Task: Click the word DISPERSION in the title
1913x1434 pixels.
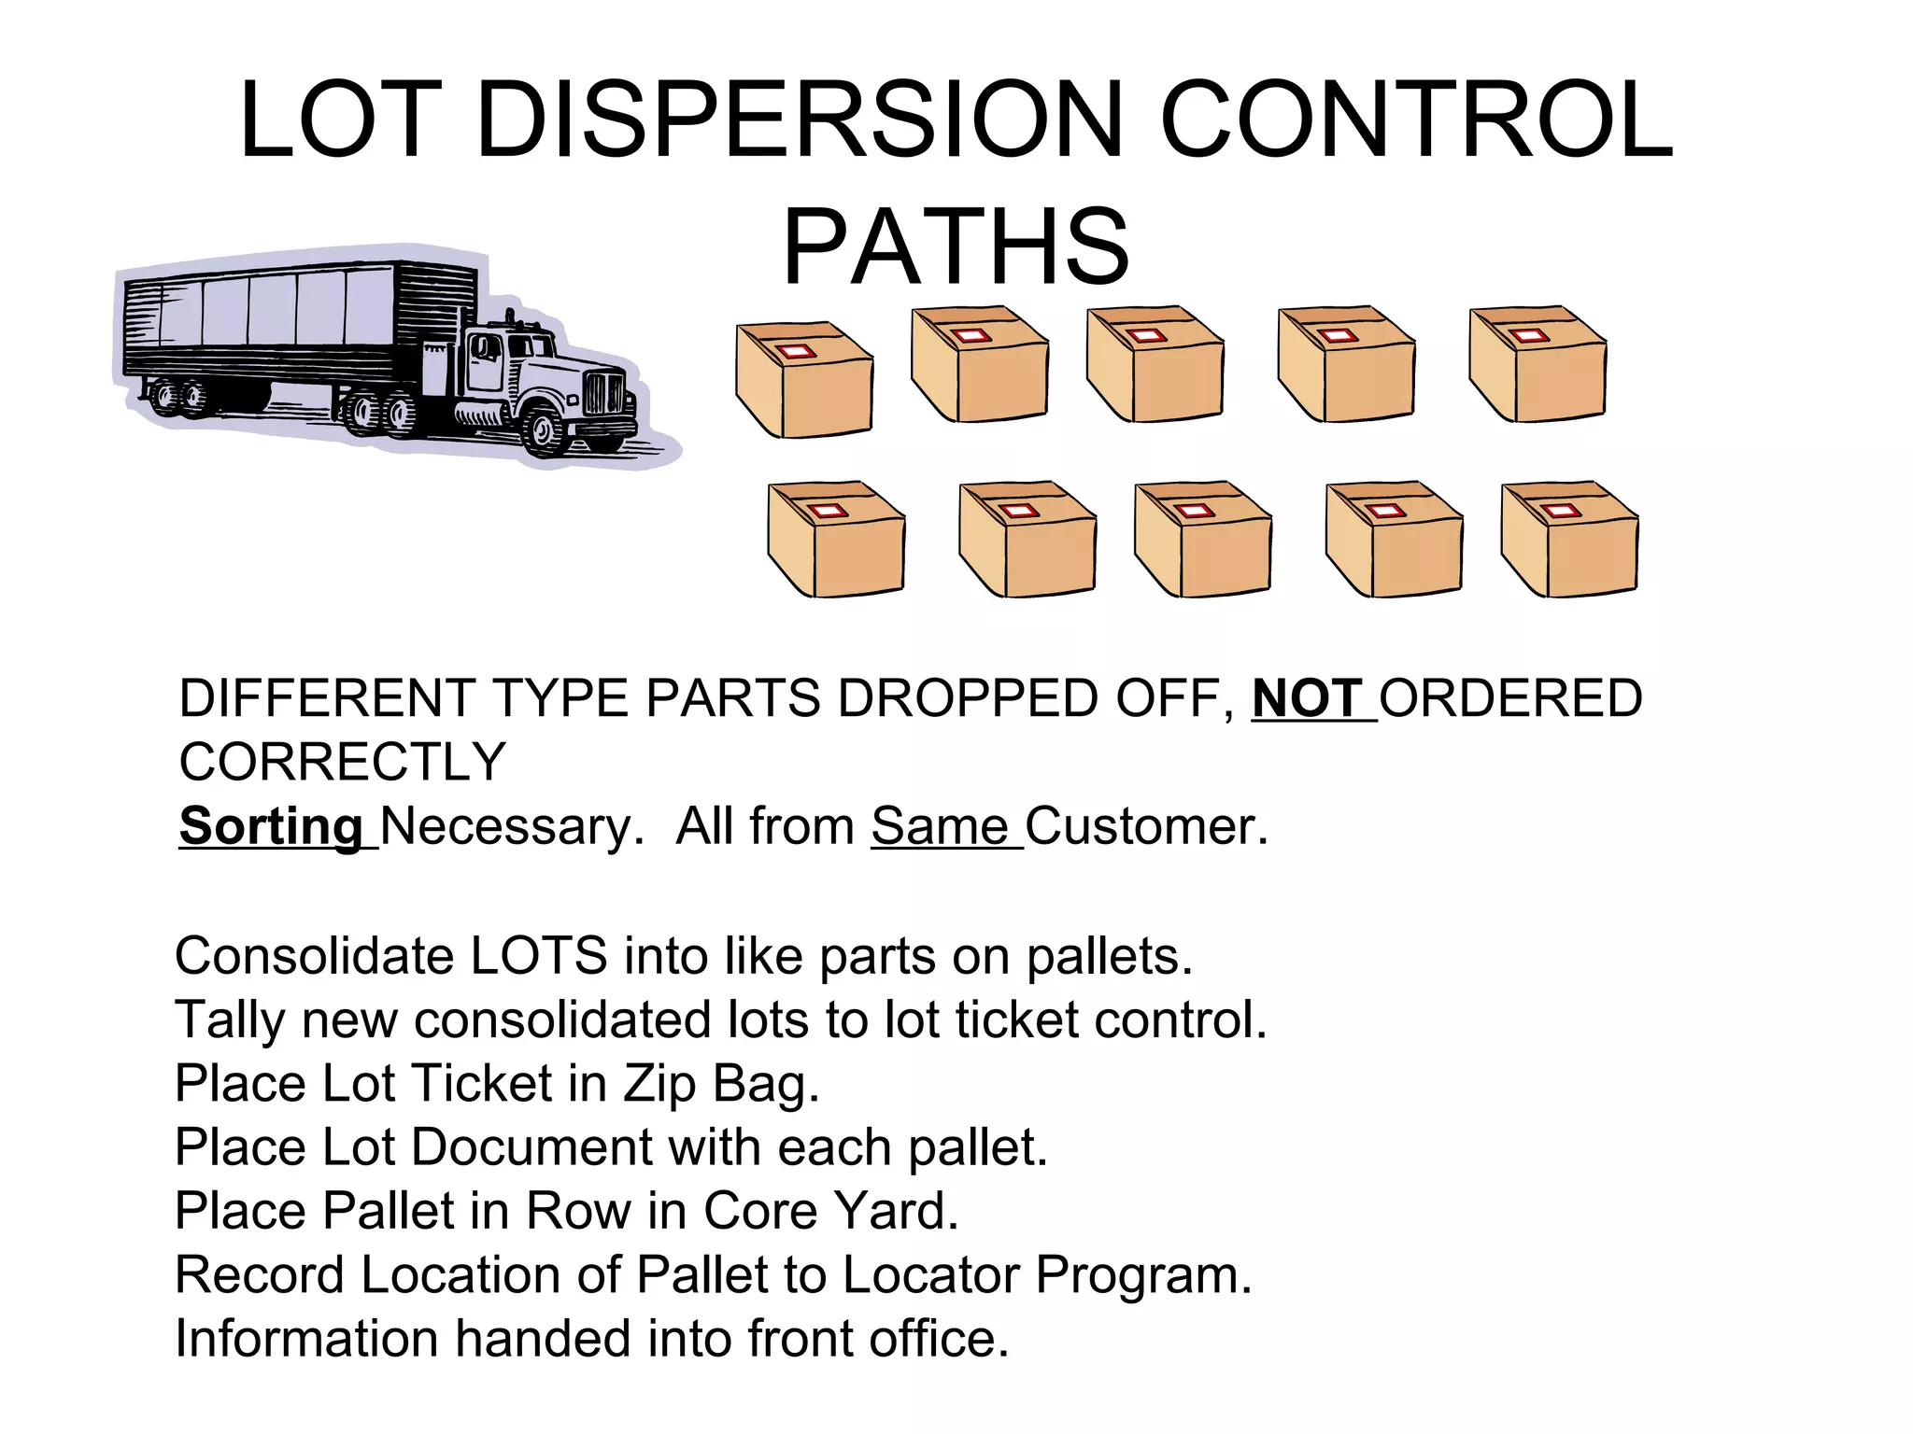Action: point(799,121)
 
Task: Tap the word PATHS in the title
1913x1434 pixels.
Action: point(956,247)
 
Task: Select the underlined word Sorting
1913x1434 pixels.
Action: point(272,826)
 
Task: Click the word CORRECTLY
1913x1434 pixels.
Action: point(342,762)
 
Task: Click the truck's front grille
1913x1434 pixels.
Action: point(603,392)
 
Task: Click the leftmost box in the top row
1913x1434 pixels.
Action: point(804,379)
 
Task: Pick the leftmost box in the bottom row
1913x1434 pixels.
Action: point(836,539)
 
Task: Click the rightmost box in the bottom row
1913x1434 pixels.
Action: point(1569,539)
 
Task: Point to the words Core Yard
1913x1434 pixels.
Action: point(830,1211)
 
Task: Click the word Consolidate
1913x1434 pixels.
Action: point(314,956)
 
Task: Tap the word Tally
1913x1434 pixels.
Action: point(229,1019)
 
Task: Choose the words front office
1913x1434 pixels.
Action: point(878,1338)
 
